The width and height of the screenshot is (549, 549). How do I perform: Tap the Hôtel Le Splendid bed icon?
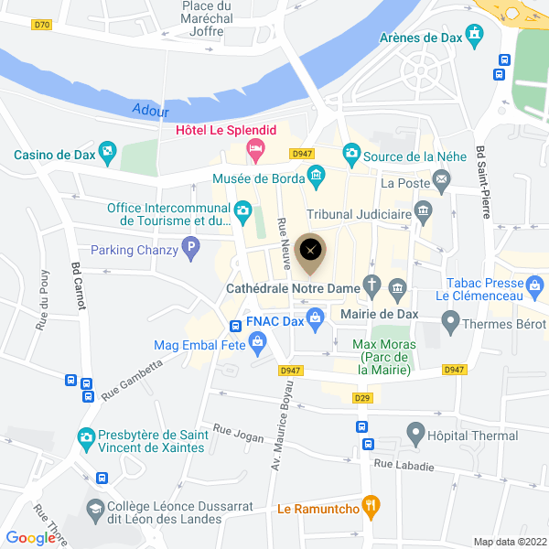point(256,149)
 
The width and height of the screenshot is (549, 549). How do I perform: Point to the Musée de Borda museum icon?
point(316,175)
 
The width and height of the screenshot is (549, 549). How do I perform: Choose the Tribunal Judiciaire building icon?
point(422,214)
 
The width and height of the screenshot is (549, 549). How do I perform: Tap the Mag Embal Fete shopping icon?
point(257,342)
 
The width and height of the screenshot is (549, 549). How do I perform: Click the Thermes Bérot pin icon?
point(450,320)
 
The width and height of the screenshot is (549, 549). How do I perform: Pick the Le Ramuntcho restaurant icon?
point(370,504)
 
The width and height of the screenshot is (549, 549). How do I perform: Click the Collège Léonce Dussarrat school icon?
point(94,508)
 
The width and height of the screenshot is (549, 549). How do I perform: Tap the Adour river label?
point(151,111)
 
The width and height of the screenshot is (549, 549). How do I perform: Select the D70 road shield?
point(41,26)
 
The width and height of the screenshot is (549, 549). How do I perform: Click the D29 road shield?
point(363,398)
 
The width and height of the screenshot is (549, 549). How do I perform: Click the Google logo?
point(30,538)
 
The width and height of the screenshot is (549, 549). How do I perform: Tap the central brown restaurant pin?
point(311,252)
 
